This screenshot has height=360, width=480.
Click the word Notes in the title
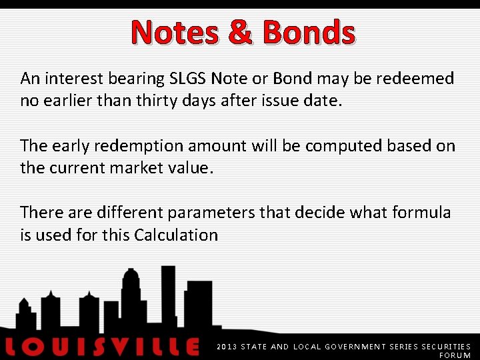click(175, 32)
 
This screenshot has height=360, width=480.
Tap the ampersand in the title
click(241, 32)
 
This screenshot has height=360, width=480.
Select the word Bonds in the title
click(309, 32)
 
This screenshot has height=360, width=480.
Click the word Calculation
click(175, 235)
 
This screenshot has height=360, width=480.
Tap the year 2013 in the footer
click(227, 347)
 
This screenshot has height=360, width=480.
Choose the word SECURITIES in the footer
click(446, 347)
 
